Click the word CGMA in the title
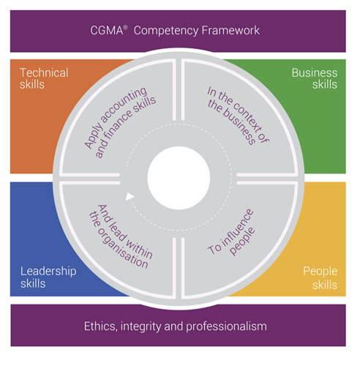[107, 31]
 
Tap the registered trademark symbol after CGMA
[125, 27]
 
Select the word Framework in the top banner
[230, 31]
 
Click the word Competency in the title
[166, 31]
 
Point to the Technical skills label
[44, 78]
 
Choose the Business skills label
[315, 78]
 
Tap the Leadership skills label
[48, 277]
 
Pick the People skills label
[320, 278]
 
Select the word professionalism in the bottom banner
[226, 327]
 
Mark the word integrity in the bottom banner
[141, 327]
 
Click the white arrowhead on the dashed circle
[130, 196]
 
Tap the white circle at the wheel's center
[179, 178]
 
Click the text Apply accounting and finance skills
[120, 123]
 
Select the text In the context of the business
[238, 116]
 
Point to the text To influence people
[231, 232]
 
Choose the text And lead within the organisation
[121, 236]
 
